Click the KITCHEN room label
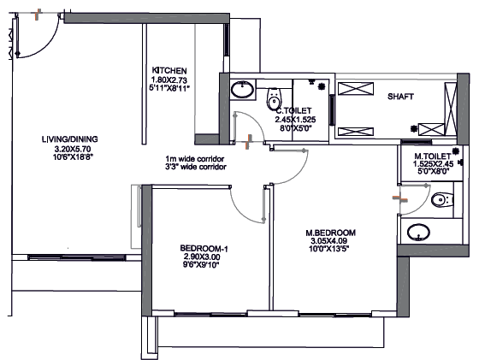point(169,70)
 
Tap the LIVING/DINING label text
point(70,139)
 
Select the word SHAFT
point(400,97)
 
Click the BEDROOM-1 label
point(204,249)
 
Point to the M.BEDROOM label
point(330,233)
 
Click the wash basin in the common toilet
point(242,90)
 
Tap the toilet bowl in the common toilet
point(274,98)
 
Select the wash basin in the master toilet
point(418,233)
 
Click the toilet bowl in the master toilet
point(441,200)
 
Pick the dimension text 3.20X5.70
point(73,150)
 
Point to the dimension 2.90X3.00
point(202,257)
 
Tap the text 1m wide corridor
point(195,159)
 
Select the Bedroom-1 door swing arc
point(241,211)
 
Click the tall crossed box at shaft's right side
point(451,109)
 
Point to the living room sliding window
point(77,257)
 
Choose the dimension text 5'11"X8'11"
point(169,88)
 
